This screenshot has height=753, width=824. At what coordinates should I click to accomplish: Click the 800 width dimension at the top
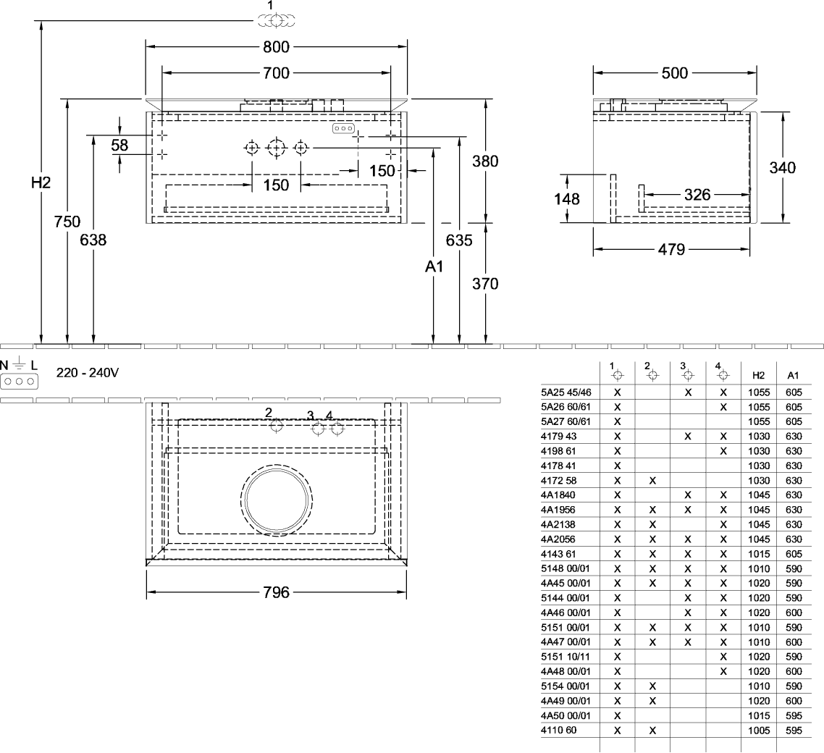click(277, 48)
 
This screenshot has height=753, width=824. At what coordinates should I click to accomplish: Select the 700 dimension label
click(277, 73)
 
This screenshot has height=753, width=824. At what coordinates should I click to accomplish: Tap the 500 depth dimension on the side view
click(675, 73)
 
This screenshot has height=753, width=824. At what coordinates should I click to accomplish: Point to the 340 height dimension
click(783, 168)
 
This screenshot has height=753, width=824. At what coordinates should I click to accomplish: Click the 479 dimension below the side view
click(672, 250)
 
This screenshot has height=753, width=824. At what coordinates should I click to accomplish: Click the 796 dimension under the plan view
click(276, 592)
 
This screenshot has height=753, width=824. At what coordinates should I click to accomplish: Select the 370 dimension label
click(485, 284)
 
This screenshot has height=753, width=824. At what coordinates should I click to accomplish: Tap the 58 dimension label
click(119, 146)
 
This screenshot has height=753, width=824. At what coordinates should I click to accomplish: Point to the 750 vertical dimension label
click(67, 222)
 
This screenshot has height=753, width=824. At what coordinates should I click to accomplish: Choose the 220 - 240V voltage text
click(88, 374)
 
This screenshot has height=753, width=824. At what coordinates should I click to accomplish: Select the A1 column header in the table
click(792, 375)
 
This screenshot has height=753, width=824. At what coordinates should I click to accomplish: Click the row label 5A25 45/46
click(566, 392)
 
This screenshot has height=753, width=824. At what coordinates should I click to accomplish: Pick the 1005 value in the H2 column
click(758, 731)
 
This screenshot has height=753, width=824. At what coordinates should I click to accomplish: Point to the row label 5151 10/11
click(566, 656)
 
